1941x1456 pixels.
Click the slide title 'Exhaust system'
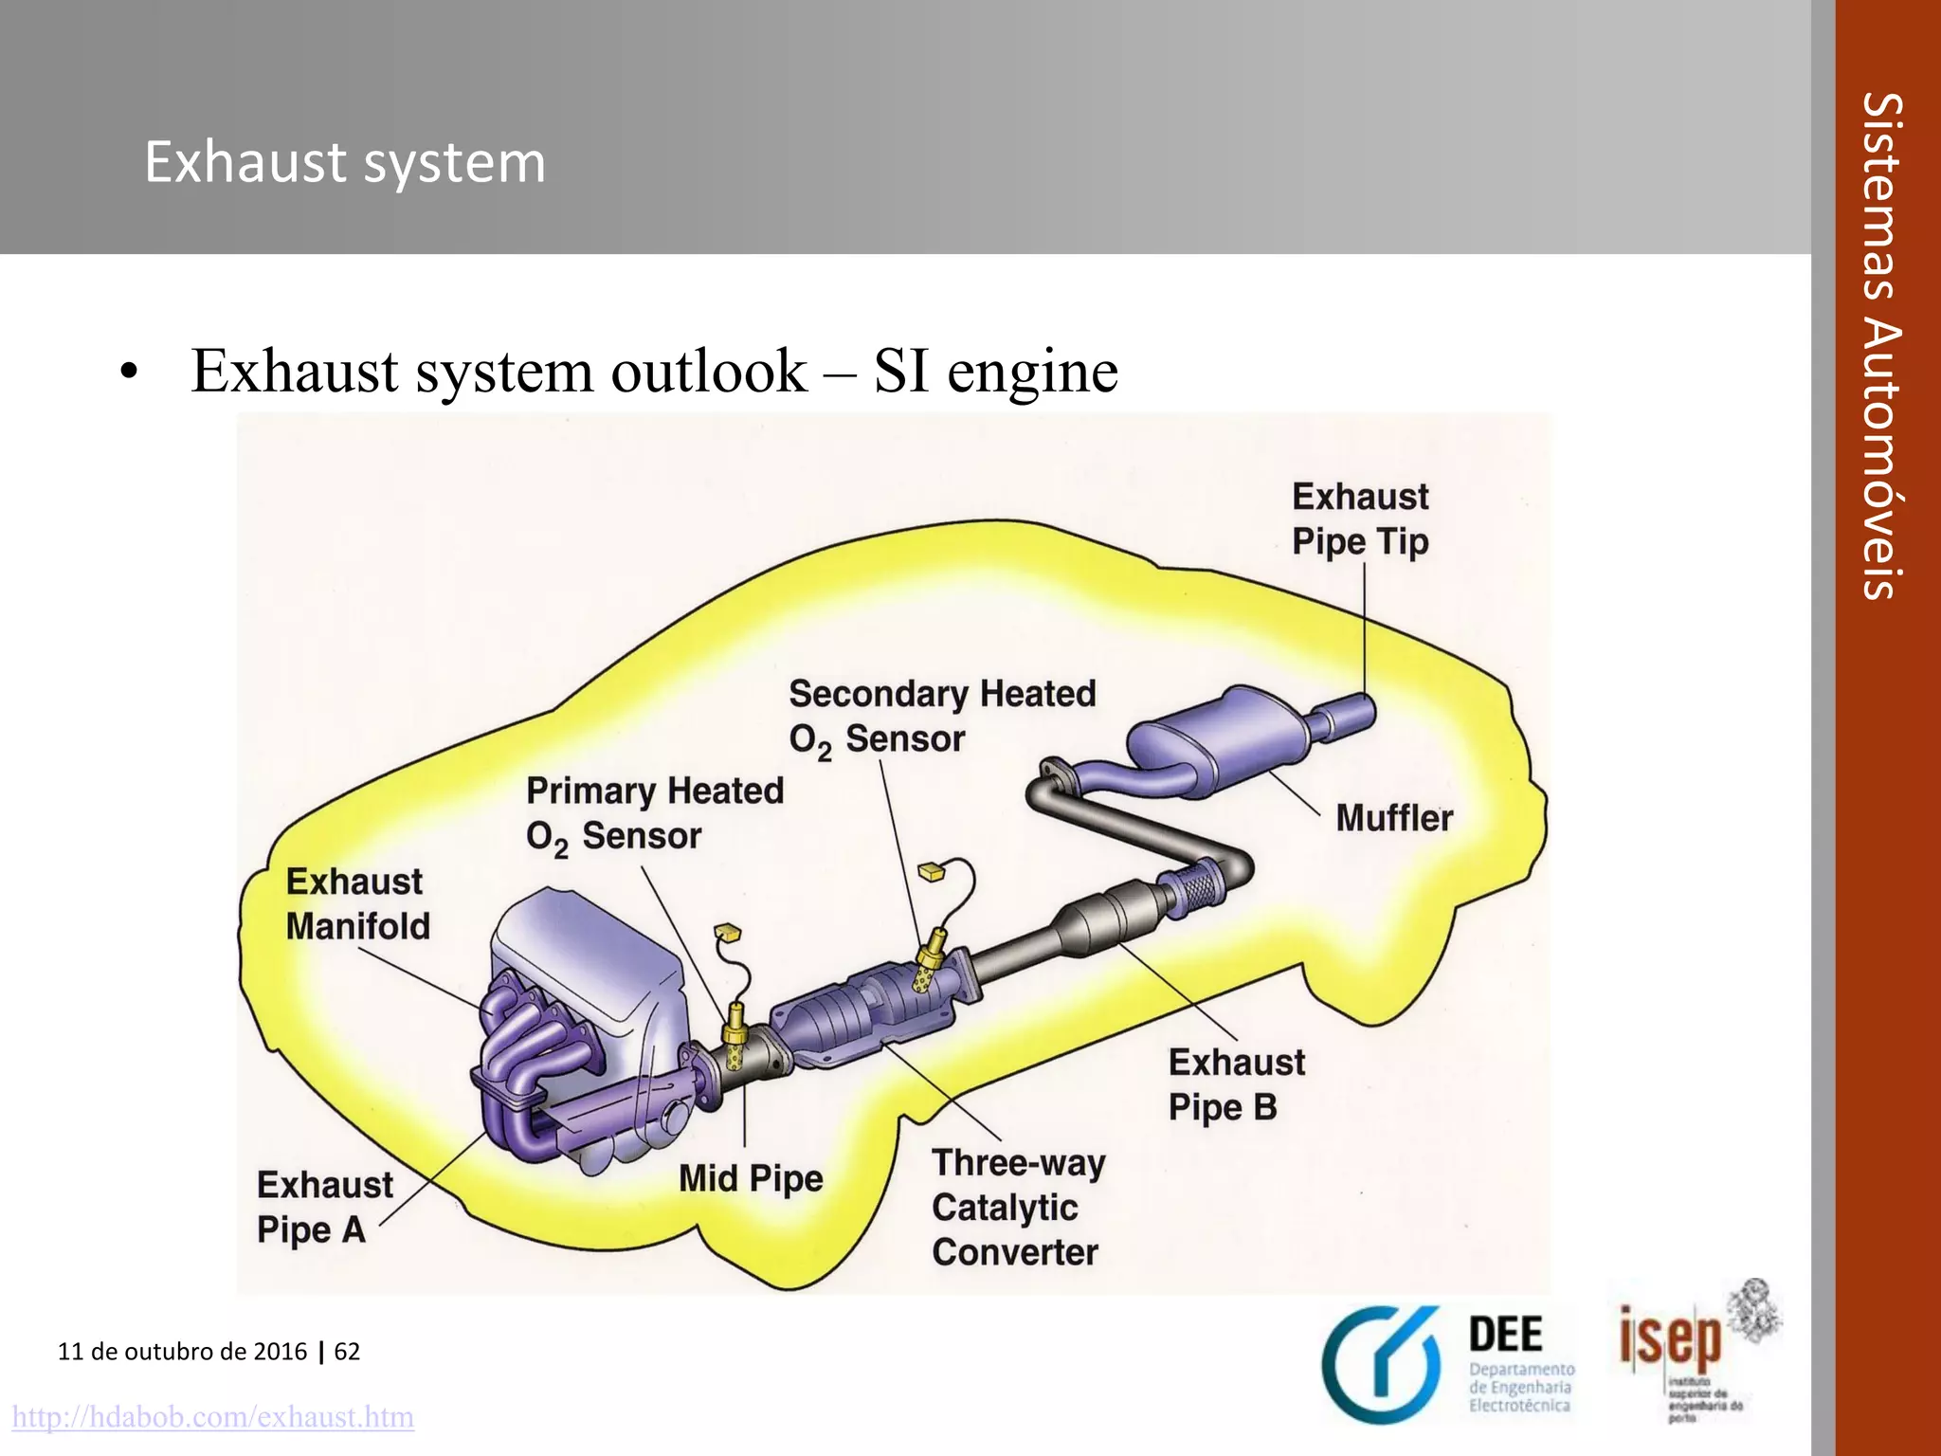(345, 163)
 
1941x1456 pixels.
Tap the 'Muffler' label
(1393, 818)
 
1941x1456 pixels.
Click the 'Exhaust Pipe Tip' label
(1360, 519)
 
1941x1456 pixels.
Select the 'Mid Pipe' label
(751, 1179)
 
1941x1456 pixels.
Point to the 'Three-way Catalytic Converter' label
(1017, 1208)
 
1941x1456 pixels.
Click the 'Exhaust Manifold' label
(357, 903)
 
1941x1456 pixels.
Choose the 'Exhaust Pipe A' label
(323, 1207)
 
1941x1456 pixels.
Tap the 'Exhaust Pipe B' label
(1235, 1084)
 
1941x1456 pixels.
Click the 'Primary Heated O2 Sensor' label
(654, 813)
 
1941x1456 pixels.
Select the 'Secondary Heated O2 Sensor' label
(941, 716)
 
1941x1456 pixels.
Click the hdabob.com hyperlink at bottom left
(212, 1417)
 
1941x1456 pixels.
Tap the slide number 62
(347, 1351)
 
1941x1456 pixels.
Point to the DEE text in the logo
(1505, 1335)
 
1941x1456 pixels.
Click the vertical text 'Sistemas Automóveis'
(1881, 346)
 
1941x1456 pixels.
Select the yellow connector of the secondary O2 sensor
(931, 871)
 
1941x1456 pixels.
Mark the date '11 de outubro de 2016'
(182, 1351)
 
